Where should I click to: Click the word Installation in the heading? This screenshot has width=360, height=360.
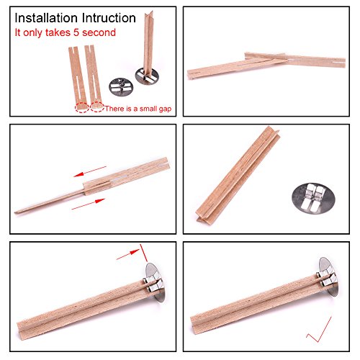click(x=46, y=18)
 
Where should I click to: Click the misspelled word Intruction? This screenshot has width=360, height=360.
click(x=109, y=18)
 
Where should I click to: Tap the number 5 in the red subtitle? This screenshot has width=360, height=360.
click(x=76, y=32)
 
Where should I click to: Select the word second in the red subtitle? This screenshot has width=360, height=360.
click(x=99, y=32)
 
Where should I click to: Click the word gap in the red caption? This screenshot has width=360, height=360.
click(x=165, y=109)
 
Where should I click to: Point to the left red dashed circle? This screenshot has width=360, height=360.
click(x=82, y=107)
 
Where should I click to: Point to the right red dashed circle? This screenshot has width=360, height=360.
click(x=97, y=107)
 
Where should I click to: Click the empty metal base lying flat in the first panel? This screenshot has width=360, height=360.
click(x=121, y=87)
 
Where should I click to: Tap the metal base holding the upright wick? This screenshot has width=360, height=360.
click(x=147, y=76)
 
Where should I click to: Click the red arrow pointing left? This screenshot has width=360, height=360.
click(x=90, y=171)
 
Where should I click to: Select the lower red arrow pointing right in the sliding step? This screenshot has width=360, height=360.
click(x=89, y=204)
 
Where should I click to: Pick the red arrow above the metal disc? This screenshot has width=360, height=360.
click(x=128, y=255)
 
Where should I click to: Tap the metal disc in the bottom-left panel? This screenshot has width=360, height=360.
click(x=156, y=282)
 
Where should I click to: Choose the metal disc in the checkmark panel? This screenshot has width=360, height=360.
click(x=328, y=277)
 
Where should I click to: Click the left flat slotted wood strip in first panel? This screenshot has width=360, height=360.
click(x=78, y=77)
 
